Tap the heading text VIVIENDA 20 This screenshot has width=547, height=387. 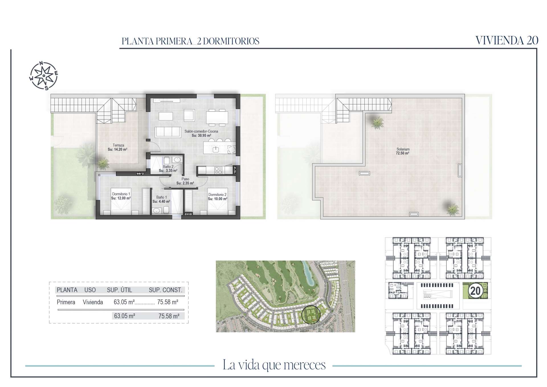[507, 40]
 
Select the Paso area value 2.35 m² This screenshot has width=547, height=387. [185, 183]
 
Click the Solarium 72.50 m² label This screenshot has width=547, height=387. [403, 151]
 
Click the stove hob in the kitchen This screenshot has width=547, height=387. [218, 170]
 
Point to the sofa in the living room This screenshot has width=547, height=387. [168, 132]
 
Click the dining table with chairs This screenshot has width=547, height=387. [217, 117]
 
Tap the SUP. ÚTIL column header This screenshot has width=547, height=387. [119, 290]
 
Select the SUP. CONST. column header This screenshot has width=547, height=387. [166, 290]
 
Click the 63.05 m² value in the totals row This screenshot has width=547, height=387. [124, 316]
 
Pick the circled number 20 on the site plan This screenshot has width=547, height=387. [475, 291]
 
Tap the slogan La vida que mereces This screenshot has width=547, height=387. [274, 365]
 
